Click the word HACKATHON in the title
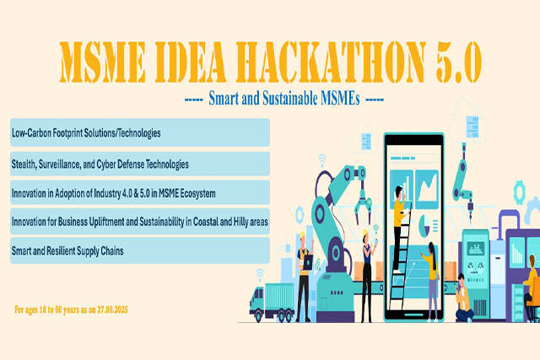(331, 62)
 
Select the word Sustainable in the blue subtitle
(290, 99)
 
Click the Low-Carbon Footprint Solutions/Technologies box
(140, 132)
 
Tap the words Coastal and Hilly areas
(230, 222)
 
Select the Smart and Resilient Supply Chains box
(140, 250)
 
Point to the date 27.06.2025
(112, 309)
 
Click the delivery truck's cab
(256, 298)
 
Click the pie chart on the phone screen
(424, 226)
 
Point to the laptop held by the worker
(307, 262)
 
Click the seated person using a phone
(463, 298)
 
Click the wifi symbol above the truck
(260, 275)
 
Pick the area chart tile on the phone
(427, 189)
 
